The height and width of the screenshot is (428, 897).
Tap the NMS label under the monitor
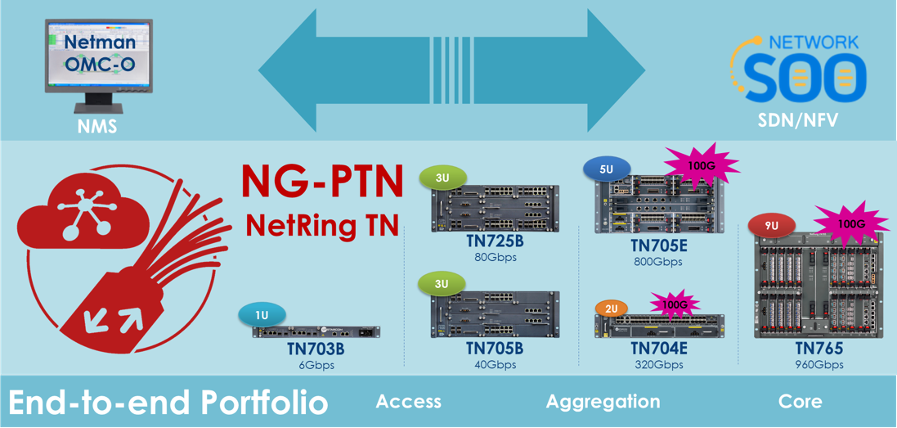click(97, 127)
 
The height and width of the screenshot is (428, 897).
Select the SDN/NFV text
click(796, 121)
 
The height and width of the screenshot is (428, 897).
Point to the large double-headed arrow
click(452, 70)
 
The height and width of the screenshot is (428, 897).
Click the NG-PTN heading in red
click(322, 182)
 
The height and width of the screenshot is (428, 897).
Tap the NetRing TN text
click(322, 224)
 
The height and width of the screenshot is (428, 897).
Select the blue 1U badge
click(262, 315)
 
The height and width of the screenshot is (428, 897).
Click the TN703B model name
click(315, 349)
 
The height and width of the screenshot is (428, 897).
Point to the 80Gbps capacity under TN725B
click(495, 257)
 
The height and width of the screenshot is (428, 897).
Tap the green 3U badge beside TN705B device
click(442, 284)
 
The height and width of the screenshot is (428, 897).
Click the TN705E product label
click(658, 246)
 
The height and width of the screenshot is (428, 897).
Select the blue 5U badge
click(606, 169)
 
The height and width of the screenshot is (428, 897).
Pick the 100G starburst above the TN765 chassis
click(850, 223)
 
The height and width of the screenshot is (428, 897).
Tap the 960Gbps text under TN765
click(819, 365)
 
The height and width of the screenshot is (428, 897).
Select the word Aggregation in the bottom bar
click(603, 402)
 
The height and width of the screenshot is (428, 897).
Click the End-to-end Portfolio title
click(168, 403)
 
